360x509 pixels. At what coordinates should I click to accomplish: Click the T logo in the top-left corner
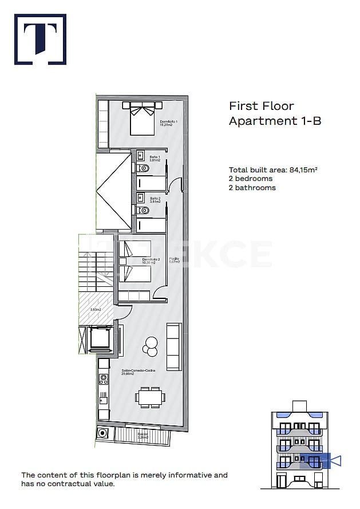40,39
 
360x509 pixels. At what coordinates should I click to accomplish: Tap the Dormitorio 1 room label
168,123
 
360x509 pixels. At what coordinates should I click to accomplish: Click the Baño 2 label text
155,200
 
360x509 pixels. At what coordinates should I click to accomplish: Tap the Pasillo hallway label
174,260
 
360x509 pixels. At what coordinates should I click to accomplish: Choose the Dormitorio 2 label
151,261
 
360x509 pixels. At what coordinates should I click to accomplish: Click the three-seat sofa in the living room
173,346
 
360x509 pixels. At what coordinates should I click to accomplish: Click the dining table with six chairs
151,397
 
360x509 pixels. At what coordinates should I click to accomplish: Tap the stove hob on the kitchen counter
104,378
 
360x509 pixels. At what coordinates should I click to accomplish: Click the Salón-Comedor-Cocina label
139,372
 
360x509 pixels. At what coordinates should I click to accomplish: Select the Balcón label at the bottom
143,435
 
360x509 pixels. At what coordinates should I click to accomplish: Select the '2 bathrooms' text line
252,188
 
